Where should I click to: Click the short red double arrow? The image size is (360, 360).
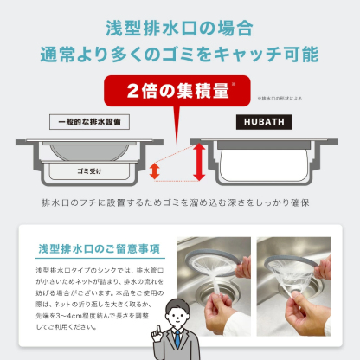click(154, 170)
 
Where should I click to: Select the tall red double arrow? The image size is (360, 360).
click(197, 162)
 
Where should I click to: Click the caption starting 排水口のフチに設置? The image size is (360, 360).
click(179, 202)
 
